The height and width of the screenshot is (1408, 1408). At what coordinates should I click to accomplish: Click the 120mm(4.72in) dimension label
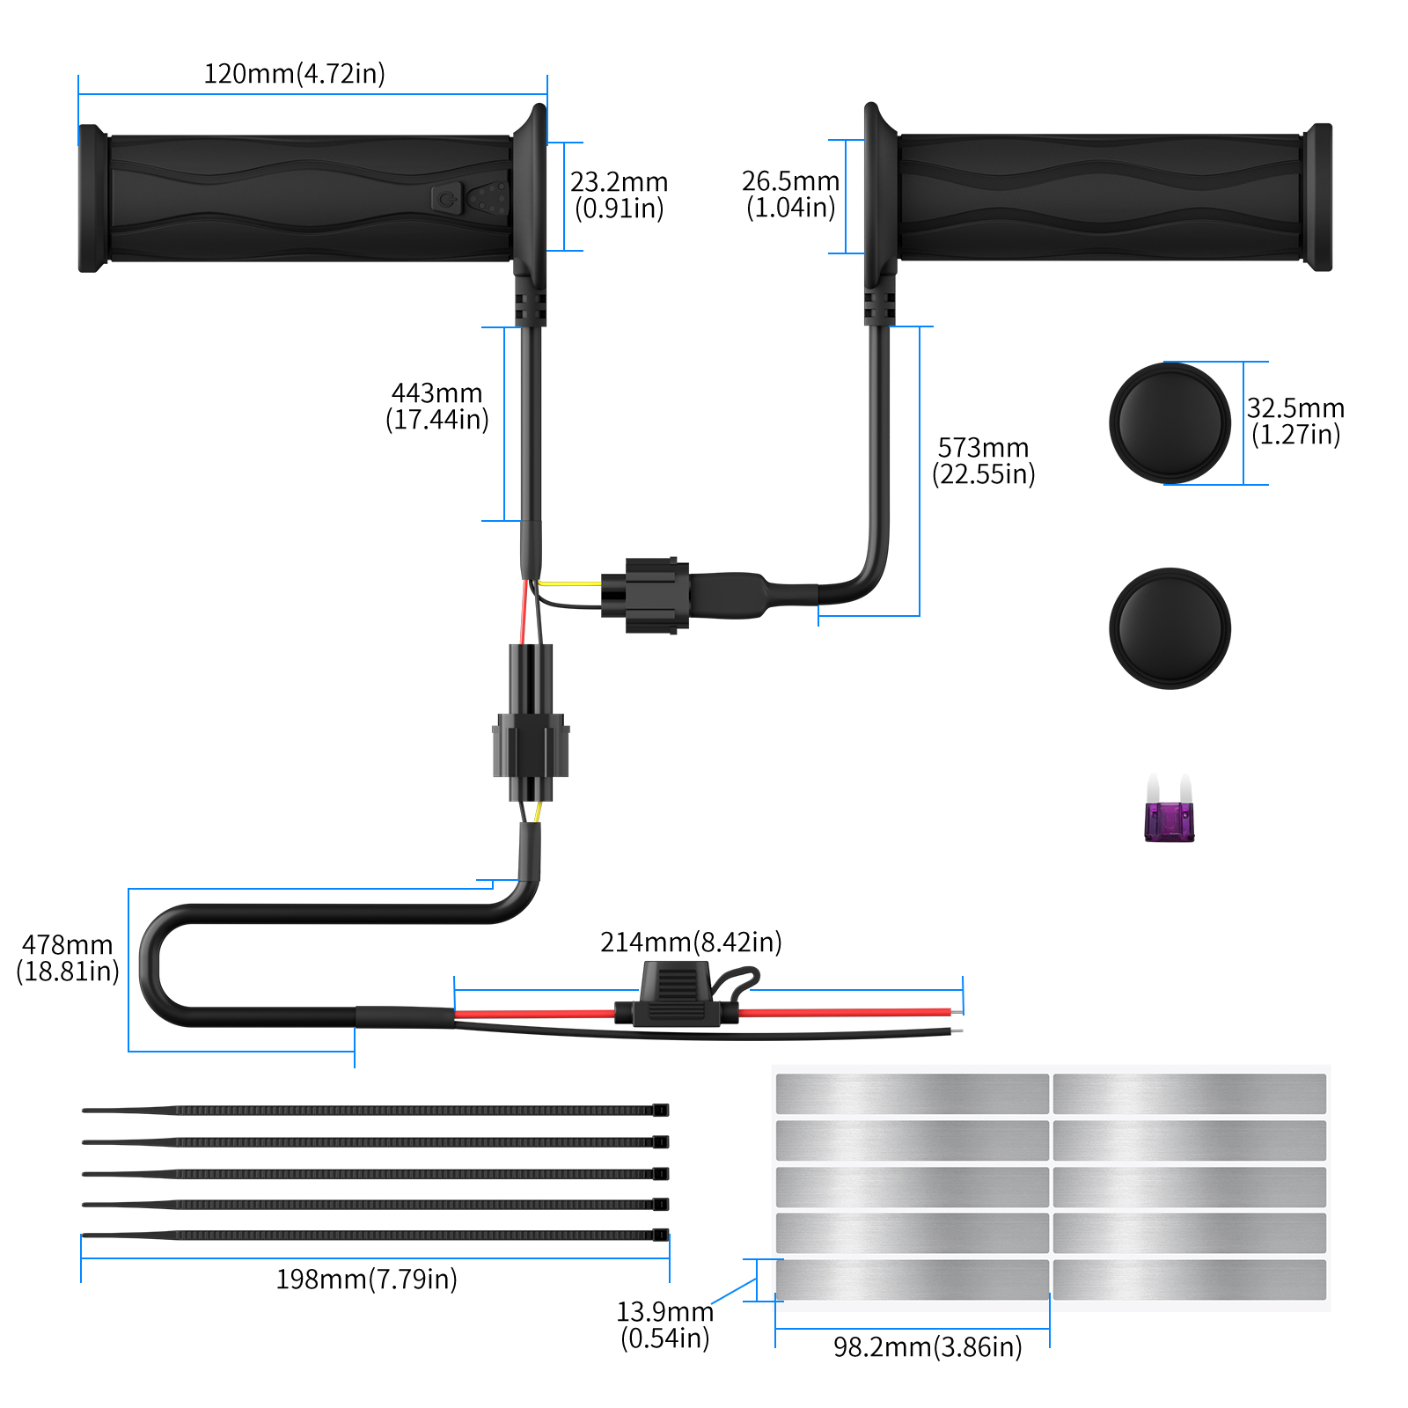coord(294,73)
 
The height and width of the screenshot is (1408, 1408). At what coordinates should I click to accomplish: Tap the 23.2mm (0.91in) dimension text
coord(619,194)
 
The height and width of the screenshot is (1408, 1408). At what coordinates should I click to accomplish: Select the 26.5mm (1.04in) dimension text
coord(790,194)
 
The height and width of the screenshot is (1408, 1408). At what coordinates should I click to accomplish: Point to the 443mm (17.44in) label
coord(436,406)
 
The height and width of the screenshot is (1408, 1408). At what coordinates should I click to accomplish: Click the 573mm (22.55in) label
coord(983,460)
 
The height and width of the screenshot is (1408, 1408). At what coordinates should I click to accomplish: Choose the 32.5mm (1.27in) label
coord(1295,421)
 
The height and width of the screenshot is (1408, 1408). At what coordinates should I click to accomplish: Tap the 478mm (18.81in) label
coord(68,957)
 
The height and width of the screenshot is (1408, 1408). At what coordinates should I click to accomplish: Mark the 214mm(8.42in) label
coord(691,942)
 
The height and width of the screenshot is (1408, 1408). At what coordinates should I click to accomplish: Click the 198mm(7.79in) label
coord(366,1279)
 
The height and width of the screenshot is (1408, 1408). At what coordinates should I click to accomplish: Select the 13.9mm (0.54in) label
coord(664,1324)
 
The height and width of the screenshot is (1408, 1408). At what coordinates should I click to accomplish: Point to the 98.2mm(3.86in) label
coord(928,1346)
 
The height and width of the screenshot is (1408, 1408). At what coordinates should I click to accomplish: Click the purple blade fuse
coord(1169,820)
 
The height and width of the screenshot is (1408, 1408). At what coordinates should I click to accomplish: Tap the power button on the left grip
coord(446,199)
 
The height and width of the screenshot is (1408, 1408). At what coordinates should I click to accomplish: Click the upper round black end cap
coord(1170,422)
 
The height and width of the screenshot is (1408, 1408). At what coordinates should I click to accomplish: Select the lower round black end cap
coord(1170,628)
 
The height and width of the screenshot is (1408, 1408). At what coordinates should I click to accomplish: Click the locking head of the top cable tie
coord(661,1110)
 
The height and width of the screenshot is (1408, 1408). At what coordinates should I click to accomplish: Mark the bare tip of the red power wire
coord(957,1012)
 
